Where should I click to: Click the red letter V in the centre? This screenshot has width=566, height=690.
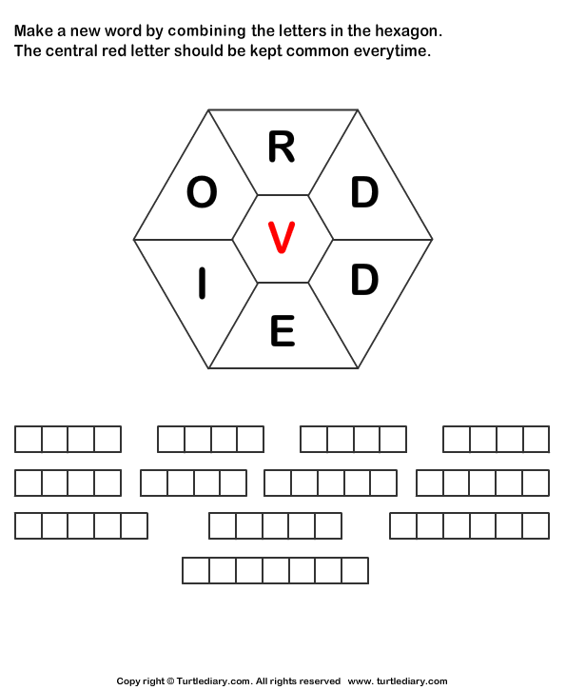tap(282, 238)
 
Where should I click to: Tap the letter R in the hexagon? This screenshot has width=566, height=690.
tap(282, 147)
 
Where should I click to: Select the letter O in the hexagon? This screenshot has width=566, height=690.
tap(202, 192)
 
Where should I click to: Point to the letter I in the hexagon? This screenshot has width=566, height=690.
tap(202, 284)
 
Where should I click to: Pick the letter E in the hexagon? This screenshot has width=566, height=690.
tap(283, 330)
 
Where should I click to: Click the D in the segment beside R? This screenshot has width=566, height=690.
tap(364, 192)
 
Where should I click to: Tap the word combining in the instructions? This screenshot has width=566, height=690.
tap(206, 31)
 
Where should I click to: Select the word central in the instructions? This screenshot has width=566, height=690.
tap(71, 51)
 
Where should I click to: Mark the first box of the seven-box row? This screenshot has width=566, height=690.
tap(196, 570)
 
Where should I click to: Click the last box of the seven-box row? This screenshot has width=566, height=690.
tap(356, 570)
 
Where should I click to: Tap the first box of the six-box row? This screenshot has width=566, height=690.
tap(402, 525)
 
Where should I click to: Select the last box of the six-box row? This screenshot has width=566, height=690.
tap(537, 525)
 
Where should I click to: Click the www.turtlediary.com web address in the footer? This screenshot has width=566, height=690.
tap(397, 681)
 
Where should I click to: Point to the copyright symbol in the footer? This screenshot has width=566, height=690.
tap(170, 681)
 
